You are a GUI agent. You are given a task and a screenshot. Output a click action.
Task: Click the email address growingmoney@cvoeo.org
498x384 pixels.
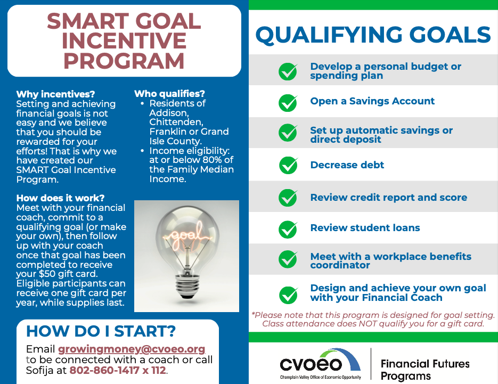(132, 349)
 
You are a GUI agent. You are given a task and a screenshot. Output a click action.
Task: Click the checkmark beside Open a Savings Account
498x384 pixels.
(288, 102)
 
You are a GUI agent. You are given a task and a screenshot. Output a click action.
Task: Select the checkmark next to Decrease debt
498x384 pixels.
(288, 165)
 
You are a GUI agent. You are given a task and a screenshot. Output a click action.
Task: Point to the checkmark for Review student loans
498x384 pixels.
(288, 228)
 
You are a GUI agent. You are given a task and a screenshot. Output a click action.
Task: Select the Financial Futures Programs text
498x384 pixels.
(424, 370)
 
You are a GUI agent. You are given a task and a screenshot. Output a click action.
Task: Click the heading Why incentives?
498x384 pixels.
(56, 94)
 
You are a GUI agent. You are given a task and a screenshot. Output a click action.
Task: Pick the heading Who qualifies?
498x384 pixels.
(169, 94)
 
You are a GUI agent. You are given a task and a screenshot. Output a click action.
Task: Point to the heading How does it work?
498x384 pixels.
(61, 198)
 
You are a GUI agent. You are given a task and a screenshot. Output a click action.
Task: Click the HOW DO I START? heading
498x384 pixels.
(101, 331)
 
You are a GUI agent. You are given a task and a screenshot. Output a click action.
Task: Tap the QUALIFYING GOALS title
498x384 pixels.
(373, 35)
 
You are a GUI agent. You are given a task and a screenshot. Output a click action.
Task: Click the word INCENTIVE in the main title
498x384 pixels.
(124, 41)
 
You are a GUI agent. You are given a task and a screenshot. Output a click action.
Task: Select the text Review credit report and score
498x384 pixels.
(388, 198)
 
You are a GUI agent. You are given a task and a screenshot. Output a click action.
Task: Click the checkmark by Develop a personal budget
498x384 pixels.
(288, 71)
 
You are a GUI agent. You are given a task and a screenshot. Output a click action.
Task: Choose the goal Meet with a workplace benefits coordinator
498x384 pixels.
(390, 260)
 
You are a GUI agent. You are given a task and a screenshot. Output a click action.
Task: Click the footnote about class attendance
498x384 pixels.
(373, 319)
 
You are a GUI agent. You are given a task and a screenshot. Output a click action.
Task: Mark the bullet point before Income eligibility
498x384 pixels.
(143, 151)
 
